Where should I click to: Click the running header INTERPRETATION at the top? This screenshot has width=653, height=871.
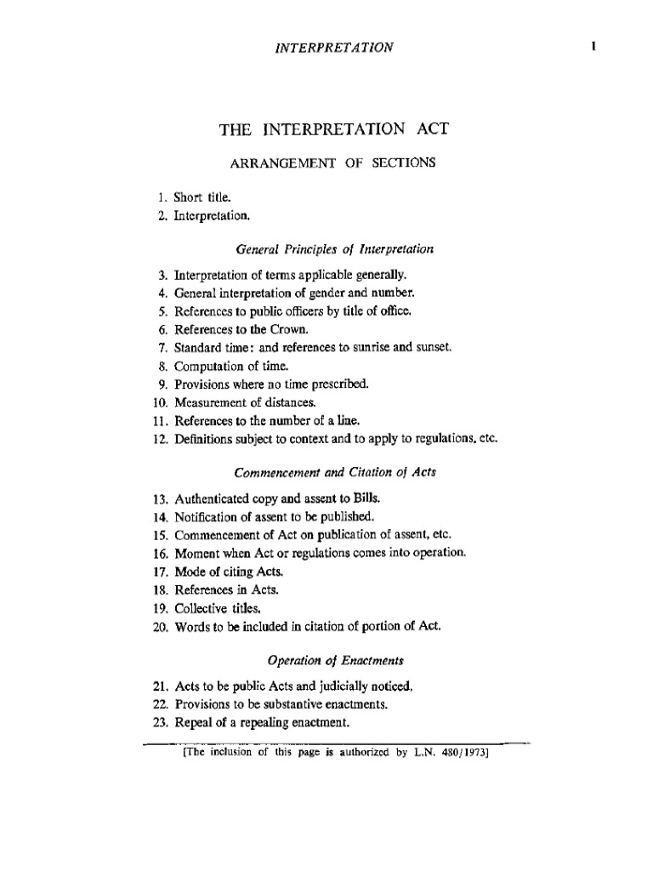tap(334, 47)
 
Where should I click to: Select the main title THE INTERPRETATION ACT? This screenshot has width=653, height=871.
tap(333, 129)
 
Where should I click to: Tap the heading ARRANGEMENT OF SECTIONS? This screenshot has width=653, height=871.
tap(333, 162)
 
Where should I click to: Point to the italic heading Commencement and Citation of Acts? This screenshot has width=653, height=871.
tap(334, 473)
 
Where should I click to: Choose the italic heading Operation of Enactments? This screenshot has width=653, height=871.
tap(334, 659)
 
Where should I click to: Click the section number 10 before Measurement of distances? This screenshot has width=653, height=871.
tap(162, 401)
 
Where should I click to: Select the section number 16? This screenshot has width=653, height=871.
tap(162, 553)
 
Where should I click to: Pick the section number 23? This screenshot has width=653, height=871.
tap(162, 723)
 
